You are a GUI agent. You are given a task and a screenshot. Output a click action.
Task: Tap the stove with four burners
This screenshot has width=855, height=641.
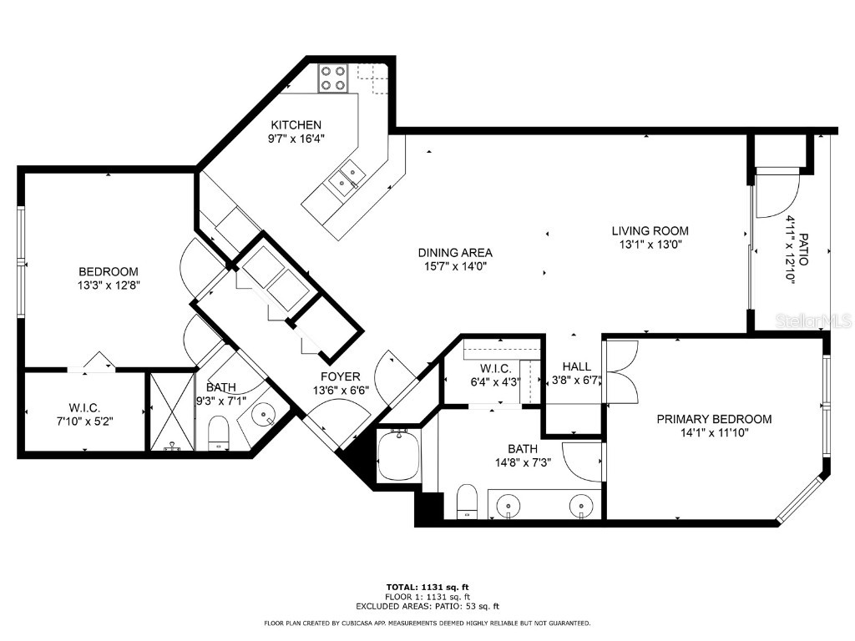pyautogui.click(x=332, y=78)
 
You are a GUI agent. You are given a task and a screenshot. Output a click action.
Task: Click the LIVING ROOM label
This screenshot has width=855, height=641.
pyautogui.click(x=650, y=231)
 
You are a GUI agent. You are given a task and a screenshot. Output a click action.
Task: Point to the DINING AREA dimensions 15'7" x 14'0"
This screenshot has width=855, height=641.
pyautogui.click(x=455, y=266)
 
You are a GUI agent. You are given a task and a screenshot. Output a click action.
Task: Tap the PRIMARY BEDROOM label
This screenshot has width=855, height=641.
pyautogui.click(x=713, y=419)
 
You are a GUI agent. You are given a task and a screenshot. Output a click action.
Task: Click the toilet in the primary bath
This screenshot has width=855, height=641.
pyautogui.click(x=467, y=502)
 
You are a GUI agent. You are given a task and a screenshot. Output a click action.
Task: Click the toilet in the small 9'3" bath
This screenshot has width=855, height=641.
pyautogui.click(x=218, y=432)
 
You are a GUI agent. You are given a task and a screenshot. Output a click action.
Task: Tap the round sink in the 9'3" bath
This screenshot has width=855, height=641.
pyautogui.click(x=266, y=414)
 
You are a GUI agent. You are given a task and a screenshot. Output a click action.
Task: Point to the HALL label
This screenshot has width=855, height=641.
pyautogui.click(x=576, y=366)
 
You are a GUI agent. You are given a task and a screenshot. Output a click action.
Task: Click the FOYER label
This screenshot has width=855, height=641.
pyautogui.click(x=340, y=376)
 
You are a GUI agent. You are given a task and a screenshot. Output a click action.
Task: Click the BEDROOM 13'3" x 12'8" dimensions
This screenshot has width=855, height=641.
pyautogui.click(x=108, y=285)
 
